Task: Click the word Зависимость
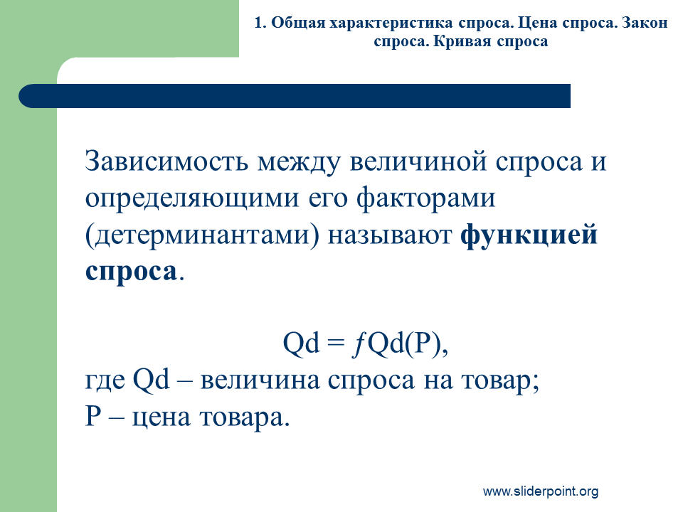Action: click(x=166, y=161)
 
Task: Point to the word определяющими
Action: click(x=192, y=199)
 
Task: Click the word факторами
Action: click(x=425, y=198)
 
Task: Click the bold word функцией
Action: click(x=529, y=235)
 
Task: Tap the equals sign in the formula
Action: click(x=336, y=343)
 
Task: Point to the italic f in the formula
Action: click(x=359, y=344)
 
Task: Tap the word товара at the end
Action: click(x=244, y=418)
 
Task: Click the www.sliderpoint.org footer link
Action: click(x=541, y=491)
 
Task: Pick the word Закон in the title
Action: click(x=645, y=23)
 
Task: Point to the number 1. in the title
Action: click(x=260, y=23)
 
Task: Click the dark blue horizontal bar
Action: click(x=295, y=96)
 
